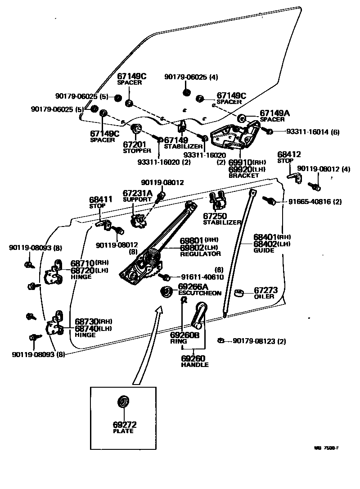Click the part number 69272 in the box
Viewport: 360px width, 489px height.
125,424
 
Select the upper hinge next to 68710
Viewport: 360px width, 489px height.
54,273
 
